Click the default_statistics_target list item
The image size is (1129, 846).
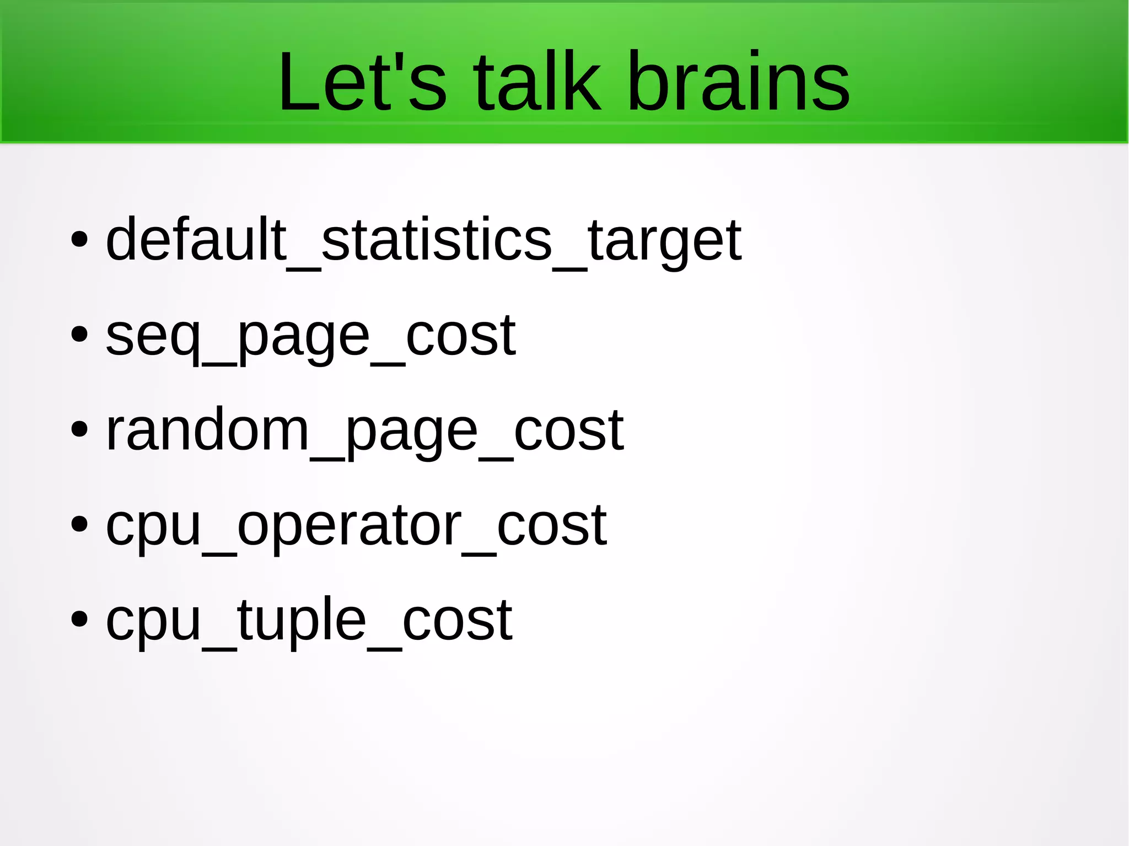423,240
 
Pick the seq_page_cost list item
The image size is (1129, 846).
310,335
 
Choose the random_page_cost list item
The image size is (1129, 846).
364,430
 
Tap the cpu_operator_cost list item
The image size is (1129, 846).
356,525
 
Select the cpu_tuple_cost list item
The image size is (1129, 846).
309,621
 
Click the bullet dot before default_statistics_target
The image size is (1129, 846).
79,240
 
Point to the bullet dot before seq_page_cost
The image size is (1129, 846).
79,335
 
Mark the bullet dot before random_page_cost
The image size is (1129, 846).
79,430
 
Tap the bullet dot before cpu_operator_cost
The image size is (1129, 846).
79,525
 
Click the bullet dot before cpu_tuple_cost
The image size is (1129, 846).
79,620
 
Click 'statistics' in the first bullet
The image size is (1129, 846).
436,240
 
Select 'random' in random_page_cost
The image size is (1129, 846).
207,430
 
